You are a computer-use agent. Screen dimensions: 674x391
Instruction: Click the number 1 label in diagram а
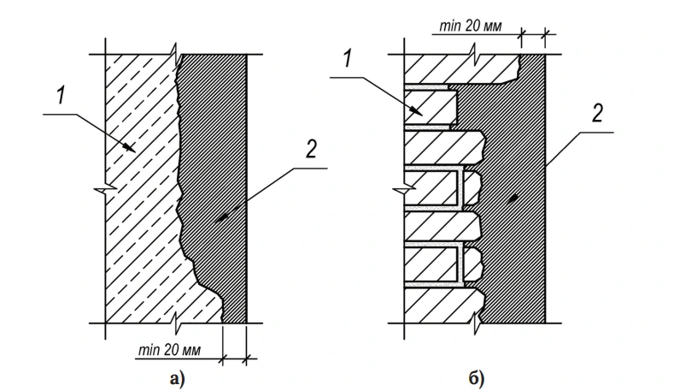(x=62, y=96)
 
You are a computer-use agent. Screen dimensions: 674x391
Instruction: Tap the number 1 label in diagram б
(x=348, y=58)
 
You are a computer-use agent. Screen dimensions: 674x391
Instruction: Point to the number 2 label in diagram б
(x=597, y=113)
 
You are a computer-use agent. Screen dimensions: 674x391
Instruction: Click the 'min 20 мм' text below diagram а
(x=169, y=350)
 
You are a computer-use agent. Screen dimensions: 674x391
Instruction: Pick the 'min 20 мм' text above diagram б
(x=470, y=26)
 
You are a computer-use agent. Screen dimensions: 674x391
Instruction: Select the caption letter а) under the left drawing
(x=177, y=379)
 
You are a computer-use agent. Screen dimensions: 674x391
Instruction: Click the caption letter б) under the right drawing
(x=476, y=379)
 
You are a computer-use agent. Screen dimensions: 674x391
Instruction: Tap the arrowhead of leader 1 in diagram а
(x=130, y=148)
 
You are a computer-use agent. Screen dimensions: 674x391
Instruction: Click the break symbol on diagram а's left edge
(x=106, y=188)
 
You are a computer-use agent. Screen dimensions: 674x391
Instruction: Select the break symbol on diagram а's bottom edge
(x=176, y=323)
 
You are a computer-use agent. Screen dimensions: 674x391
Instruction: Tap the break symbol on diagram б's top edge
(x=474, y=55)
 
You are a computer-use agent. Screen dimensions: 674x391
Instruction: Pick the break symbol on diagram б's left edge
(x=405, y=188)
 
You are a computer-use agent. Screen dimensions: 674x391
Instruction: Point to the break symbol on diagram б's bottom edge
(x=476, y=323)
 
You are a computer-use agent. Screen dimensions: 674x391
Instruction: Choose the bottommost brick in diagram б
(x=442, y=305)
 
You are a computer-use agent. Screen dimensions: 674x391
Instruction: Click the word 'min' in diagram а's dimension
(x=149, y=350)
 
